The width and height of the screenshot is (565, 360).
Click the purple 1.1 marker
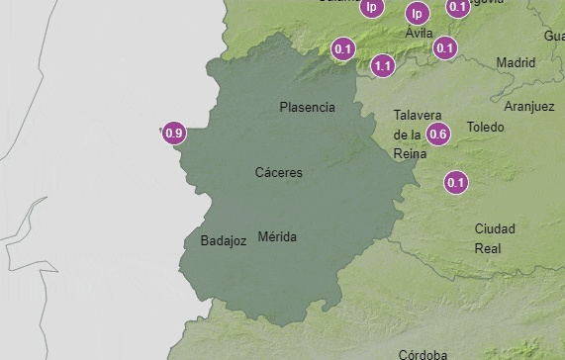[384, 66]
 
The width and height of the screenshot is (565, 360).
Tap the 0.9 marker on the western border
[173, 133]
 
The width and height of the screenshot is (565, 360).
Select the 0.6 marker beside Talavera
[438, 134]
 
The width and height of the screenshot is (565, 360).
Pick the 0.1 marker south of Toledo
[456, 182]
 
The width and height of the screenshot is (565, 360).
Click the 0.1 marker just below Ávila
[445, 47]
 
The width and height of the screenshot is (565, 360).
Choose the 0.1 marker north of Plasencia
[343, 48]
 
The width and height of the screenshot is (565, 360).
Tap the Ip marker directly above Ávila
[418, 14]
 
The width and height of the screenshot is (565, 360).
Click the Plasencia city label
[307, 107]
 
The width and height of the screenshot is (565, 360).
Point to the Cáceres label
[278, 172]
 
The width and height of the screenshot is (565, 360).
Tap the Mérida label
[277, 236]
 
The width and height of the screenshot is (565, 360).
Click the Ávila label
[420, 33]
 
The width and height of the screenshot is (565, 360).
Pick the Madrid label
[516, 62]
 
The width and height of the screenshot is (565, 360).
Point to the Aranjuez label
[528, 107]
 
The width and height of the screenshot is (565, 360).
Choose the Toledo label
[485, 128]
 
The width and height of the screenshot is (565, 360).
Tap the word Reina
[410, 154]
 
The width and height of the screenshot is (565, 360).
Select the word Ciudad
[495, 228]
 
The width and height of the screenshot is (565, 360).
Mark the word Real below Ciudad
[489, 248]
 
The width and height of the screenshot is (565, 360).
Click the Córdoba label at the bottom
[423, 354]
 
